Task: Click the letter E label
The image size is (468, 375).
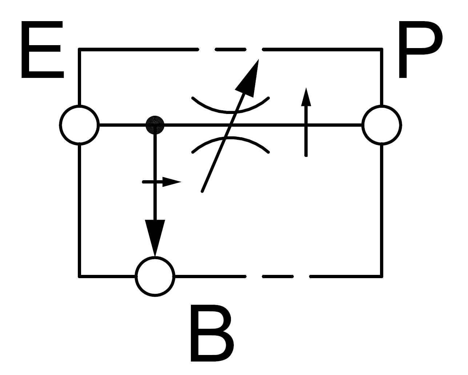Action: coord(41,50)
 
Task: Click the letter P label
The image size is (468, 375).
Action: coord(420,50)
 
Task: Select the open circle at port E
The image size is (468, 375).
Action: coord(79,125)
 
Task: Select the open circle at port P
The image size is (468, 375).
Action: coord(381,125)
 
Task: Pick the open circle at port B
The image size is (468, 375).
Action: coord(155,277)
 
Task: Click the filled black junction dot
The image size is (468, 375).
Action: coord(155,125)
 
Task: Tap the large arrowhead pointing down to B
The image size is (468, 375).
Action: coord(155,237)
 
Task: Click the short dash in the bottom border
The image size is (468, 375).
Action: coord(278,277)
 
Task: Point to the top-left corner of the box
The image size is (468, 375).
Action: coord(79,49)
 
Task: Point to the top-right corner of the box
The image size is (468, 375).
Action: coord(381,49)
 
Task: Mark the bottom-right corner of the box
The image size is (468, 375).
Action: coord(381,277)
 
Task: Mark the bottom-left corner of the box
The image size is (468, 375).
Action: coord(79,277)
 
